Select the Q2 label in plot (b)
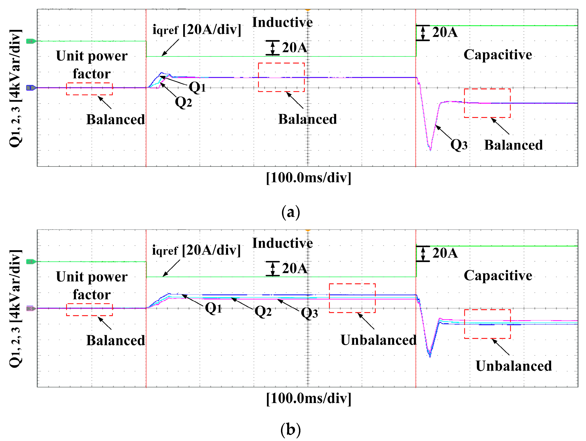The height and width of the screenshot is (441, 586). point(263,311)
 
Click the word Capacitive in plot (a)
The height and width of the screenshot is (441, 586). point(497,55)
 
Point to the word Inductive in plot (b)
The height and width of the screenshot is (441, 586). point(282,243)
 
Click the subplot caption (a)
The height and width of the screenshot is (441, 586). point(291,212)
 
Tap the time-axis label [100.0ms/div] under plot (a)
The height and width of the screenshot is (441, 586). point(309,178)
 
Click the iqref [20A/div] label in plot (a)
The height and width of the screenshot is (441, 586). point(197,29)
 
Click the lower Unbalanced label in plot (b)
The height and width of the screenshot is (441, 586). point(514,366)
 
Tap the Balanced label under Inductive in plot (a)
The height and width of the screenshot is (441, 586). point(307,119)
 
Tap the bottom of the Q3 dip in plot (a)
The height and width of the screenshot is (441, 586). point(430,150)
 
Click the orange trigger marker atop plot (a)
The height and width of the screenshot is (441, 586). point(308,10)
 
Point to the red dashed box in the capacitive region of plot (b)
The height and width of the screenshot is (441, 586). point(487,324)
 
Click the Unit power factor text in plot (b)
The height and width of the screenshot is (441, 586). point(92,286)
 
